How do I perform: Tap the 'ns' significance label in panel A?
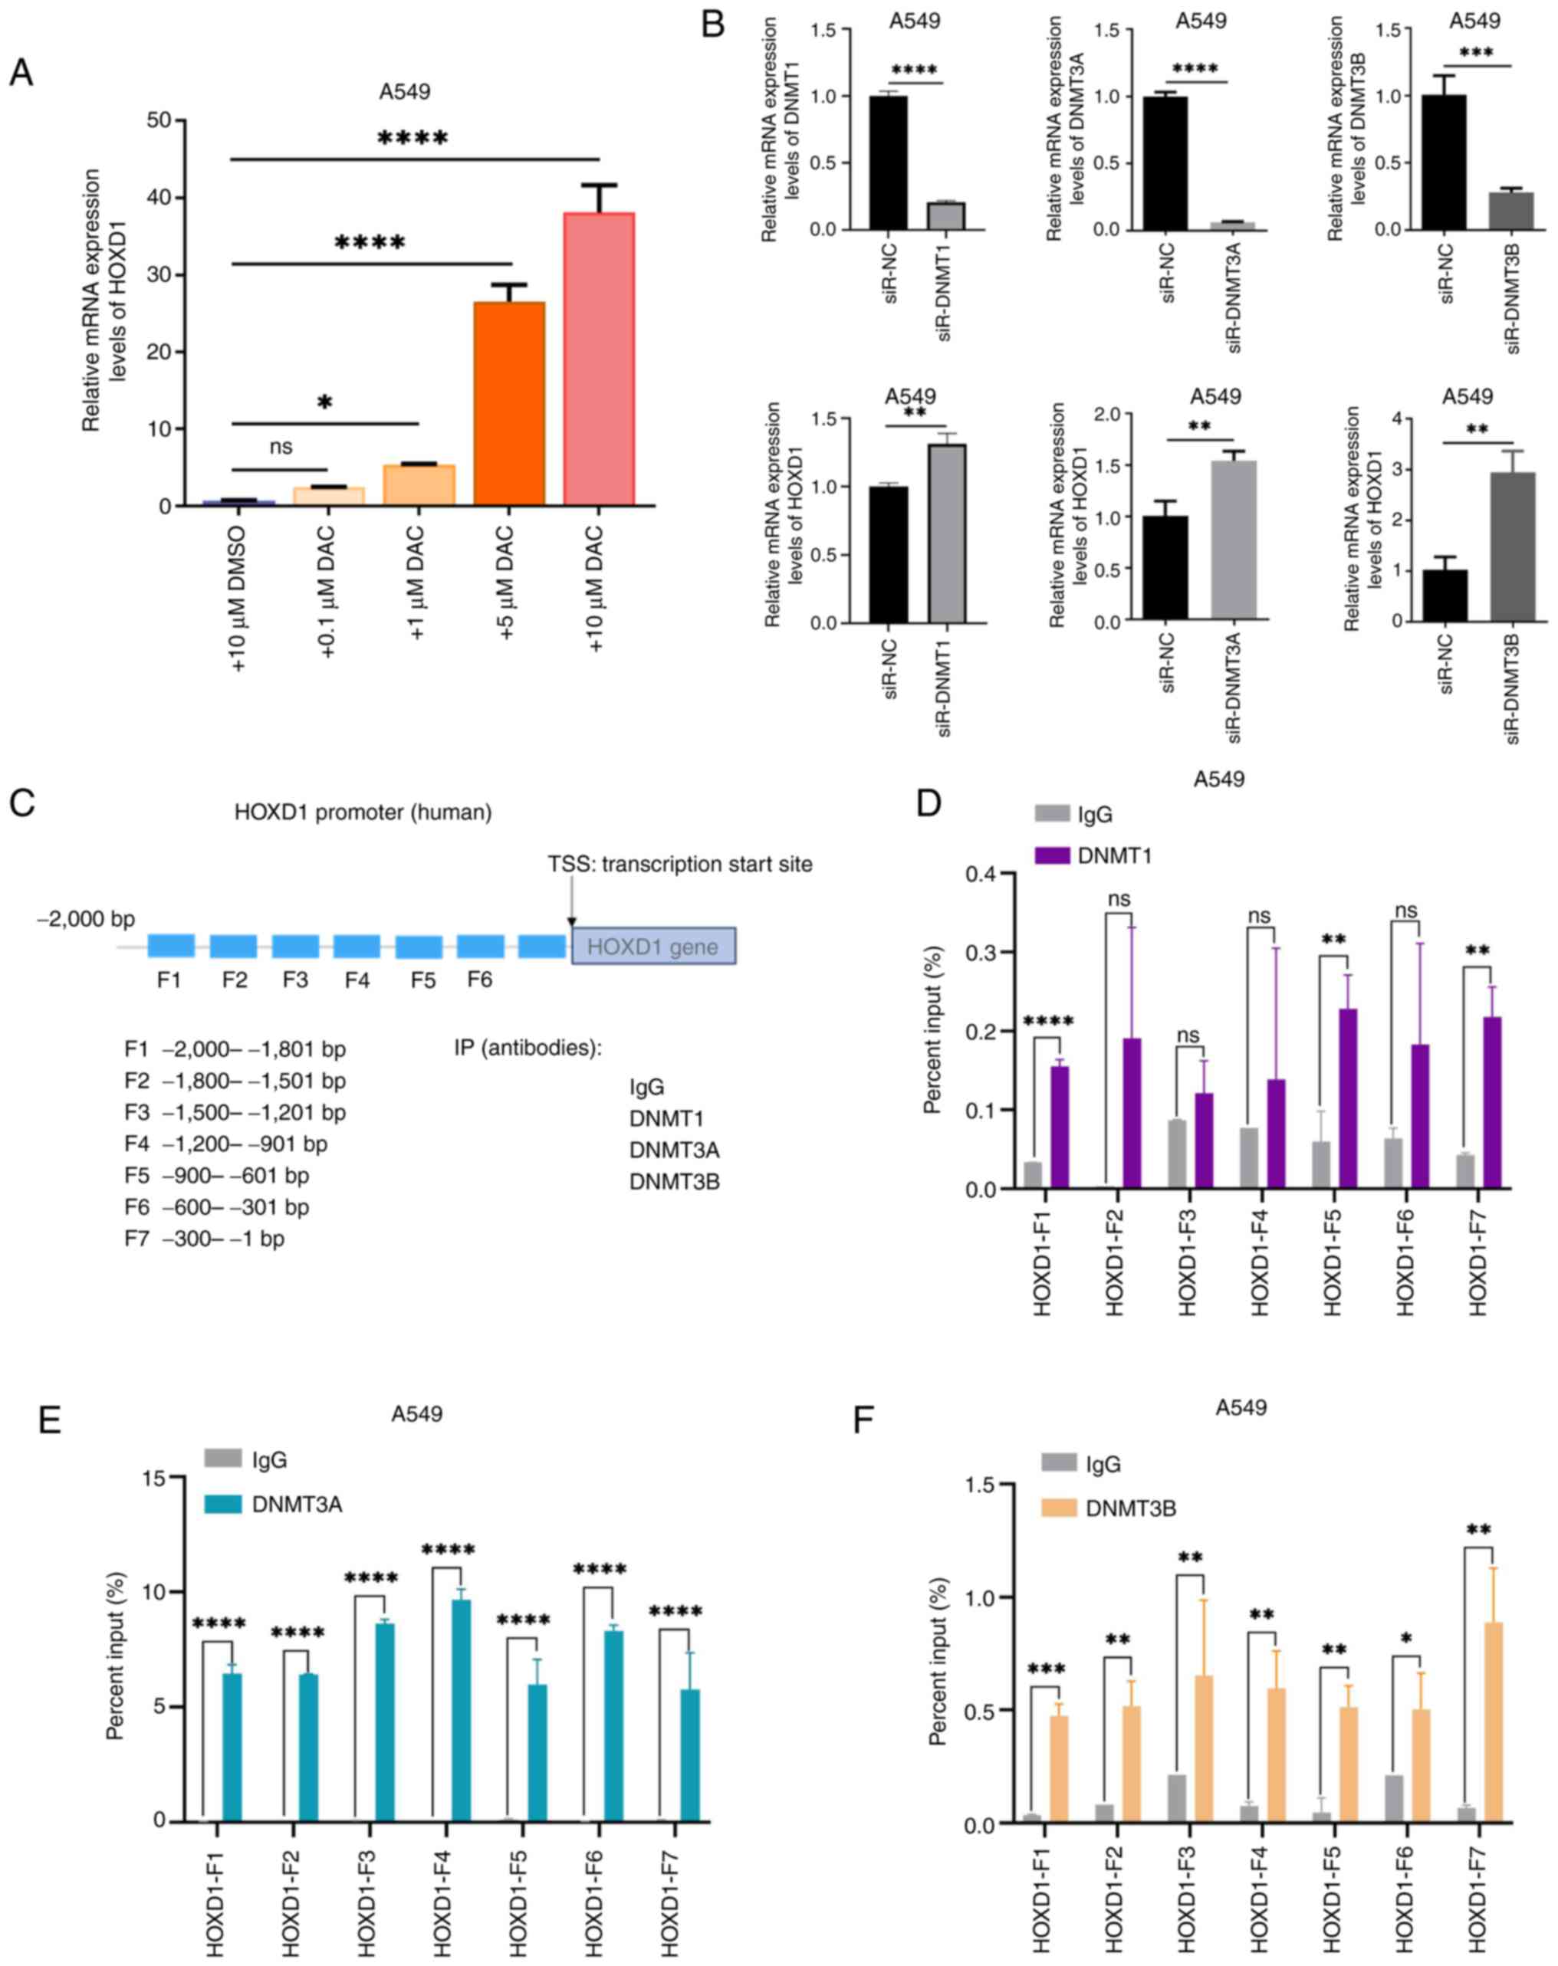(x=281, y=447)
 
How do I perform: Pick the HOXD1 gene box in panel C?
(x=653, y=947)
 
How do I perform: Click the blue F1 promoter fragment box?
(x=170, y=946)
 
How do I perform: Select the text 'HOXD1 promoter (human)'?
(x=363, y=812)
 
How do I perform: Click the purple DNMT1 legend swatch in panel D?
(x=1052, y=855)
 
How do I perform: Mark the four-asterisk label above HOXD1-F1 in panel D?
(x=1048, y=1021)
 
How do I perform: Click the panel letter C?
(x=22, y=803)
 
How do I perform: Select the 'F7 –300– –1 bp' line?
(x=205, y=1239)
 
